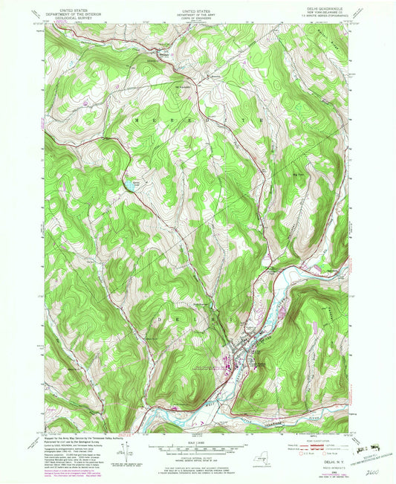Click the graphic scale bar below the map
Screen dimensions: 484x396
(198, 448)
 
